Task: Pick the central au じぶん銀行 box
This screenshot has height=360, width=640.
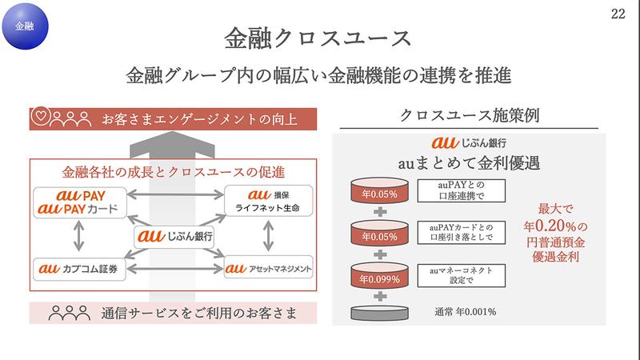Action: (x=174, y=237)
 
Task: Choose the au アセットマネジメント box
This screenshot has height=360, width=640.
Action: (x=267, y=267)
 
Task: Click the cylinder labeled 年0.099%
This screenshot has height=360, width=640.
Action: (x=378, y=279)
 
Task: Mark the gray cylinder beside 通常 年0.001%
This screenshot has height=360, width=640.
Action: (x=378, y=312)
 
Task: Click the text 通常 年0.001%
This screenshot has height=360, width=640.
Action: (x=463, y=310)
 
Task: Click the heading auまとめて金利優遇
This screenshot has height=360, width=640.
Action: (x=469, y=164)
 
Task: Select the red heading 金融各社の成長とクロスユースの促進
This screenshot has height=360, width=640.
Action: (x=174, y=171)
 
